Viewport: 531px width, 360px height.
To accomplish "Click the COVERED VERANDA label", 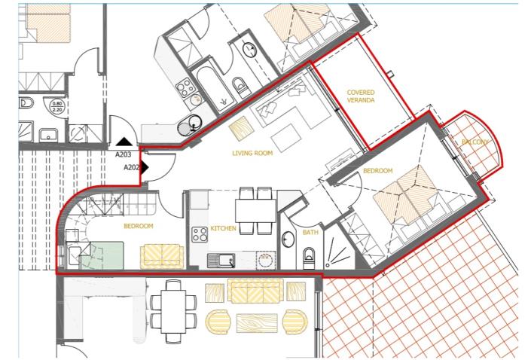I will pyautogui.click(x=361, y=97).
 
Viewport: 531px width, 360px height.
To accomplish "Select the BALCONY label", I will pyautogui.click(x=476, y=142).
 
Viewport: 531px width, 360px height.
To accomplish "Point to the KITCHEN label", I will pyautogui.click(x=224, y=228).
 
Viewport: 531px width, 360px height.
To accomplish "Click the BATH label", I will pyautogui.click(x=310, y=233).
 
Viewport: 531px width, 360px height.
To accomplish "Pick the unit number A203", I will pyautogui.click(x=124, y=154).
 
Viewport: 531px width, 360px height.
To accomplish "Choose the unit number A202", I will pyautogui.click(x=132, y=167).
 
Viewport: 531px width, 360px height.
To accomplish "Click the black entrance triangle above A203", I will pyautogui.click(x=124, y=141).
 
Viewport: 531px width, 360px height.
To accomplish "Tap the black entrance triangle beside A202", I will pyautogui.click(x=145, y=166).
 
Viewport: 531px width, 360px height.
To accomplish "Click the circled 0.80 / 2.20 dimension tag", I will pyautogui.click(x=57, y=108).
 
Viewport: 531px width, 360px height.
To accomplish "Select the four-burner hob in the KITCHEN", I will pyautogui.click(x=200, y=234).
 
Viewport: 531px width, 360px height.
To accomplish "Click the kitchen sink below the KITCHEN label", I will pyautogui.click(x=224, y=261).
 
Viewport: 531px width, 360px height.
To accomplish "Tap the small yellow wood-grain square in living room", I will pyautogui.click(x=240, y=129).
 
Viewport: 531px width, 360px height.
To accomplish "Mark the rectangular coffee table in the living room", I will pyautogui.click(x=285, y=137).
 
